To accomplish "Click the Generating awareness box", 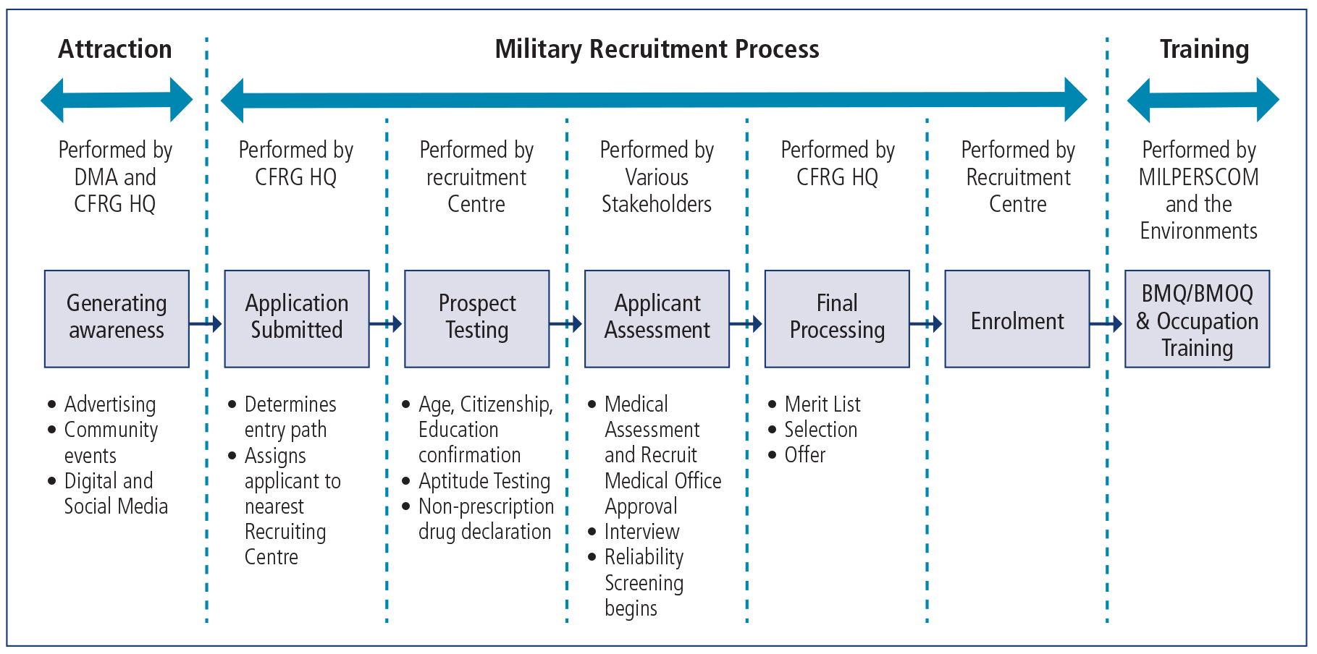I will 117,318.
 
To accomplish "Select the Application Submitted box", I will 297,318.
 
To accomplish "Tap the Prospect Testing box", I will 476,318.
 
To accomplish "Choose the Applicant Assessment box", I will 657,318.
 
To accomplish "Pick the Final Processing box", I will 837,318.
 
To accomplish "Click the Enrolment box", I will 1017,319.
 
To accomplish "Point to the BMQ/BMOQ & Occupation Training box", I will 1197,319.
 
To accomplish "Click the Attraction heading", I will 115,49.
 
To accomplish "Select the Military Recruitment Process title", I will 657,49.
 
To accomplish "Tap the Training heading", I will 1204,49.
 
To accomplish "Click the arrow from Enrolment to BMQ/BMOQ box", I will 1106,323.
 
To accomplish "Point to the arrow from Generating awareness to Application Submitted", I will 206,323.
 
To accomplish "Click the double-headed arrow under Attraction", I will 117,99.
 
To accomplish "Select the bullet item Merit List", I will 822,404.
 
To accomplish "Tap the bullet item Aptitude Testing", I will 484,480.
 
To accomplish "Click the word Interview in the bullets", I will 641,532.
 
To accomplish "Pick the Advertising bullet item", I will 110,404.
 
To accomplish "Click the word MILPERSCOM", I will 1198,177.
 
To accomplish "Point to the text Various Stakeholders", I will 657,191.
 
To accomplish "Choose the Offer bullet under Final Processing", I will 804,455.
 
